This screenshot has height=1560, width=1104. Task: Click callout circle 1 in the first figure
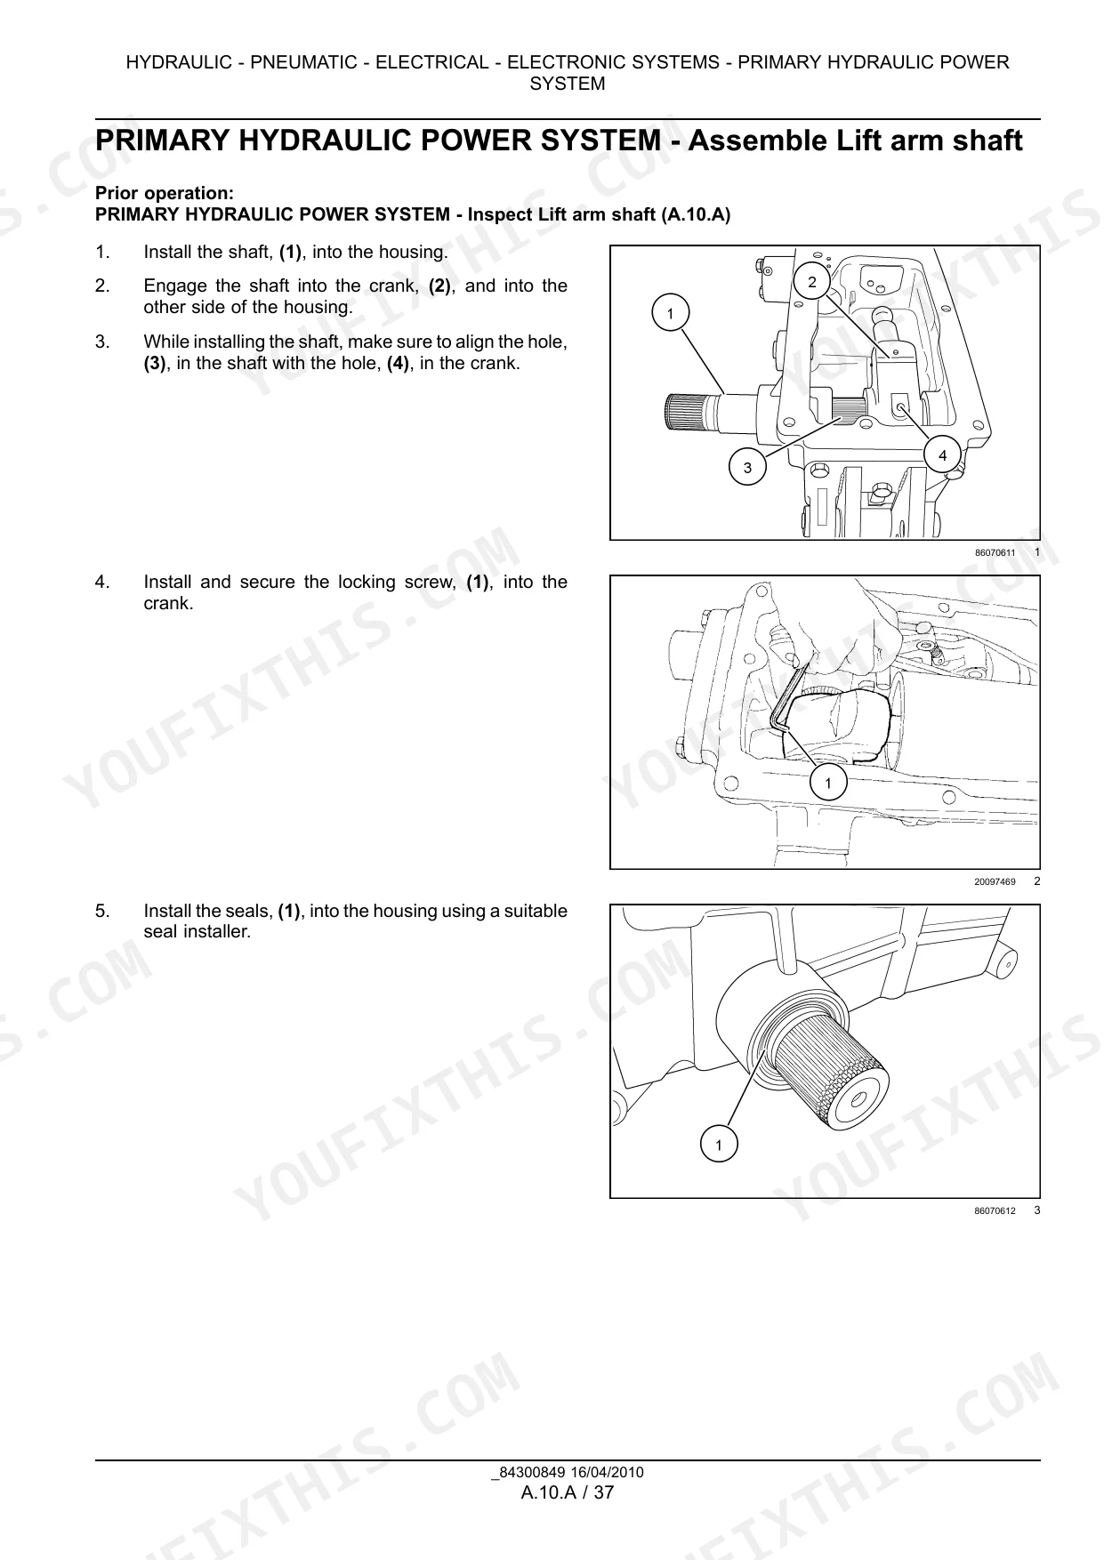pos(670,313)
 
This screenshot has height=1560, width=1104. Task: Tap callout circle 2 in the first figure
pos(811,282)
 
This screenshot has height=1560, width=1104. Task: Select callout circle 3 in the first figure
pos(747,467)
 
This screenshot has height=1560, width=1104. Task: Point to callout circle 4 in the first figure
pos(943,455)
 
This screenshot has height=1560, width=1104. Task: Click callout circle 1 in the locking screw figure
pos(828,783)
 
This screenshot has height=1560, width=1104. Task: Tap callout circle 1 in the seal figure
pos(719,1144)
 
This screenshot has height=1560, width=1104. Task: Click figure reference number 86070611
pos(995,553)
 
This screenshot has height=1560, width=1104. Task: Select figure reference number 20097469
pos(995,882)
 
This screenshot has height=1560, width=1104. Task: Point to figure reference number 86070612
pos(995,1211)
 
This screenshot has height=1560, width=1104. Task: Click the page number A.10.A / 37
pos(568,1492)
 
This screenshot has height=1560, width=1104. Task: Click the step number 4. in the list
pos(102,582)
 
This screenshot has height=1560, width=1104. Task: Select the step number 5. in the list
pos(102,911)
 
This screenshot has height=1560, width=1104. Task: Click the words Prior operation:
pos(165,193)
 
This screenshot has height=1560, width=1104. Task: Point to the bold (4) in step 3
pos(399,363)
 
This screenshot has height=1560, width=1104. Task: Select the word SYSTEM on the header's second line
pos(568,84)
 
